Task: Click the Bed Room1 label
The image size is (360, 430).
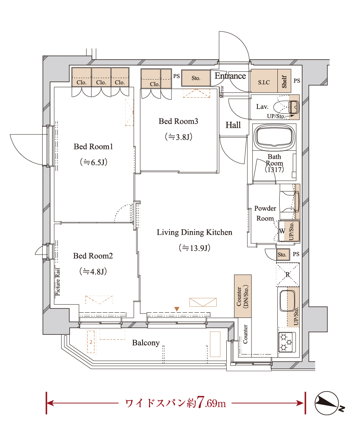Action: click(93, 147)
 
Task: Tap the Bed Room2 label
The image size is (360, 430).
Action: click(93, 256)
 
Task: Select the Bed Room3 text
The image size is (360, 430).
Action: click(179, 121)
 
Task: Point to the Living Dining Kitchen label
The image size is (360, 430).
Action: click(194, 232)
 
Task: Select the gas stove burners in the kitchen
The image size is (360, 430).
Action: click(287, 342)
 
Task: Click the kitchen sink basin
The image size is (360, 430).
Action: click(287, 300)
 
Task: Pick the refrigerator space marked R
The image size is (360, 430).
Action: click(287, 275)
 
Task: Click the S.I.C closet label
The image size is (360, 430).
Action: click(264, 82)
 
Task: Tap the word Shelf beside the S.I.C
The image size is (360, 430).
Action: click(284, 82)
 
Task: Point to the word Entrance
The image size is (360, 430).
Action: click(230, 76)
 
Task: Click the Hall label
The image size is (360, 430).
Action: click(233, 125)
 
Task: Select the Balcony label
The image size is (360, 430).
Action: click(146, 343)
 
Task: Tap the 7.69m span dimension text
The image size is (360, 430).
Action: click(211, 403)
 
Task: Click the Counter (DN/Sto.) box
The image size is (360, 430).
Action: click(243, 296)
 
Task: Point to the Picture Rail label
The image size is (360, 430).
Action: click(58, 282)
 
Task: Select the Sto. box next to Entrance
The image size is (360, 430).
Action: click(196, 78)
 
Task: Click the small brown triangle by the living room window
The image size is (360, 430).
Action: click(177, 309)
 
